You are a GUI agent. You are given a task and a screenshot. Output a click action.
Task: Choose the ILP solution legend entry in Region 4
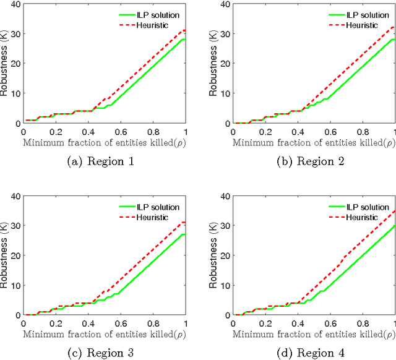pyautogui.click(x=366, y=207)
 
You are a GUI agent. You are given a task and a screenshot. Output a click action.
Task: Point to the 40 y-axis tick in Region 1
pyautogui.click(x=17, y=4)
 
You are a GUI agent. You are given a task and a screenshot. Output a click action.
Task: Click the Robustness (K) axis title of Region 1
pyautogui.click(x=6, y=63)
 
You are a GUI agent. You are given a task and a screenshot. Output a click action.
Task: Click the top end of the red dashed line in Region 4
pyautogui.click(x=395, y=210)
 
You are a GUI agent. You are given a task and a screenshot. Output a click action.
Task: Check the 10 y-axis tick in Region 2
pyautogui.click(x=226, y=93)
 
